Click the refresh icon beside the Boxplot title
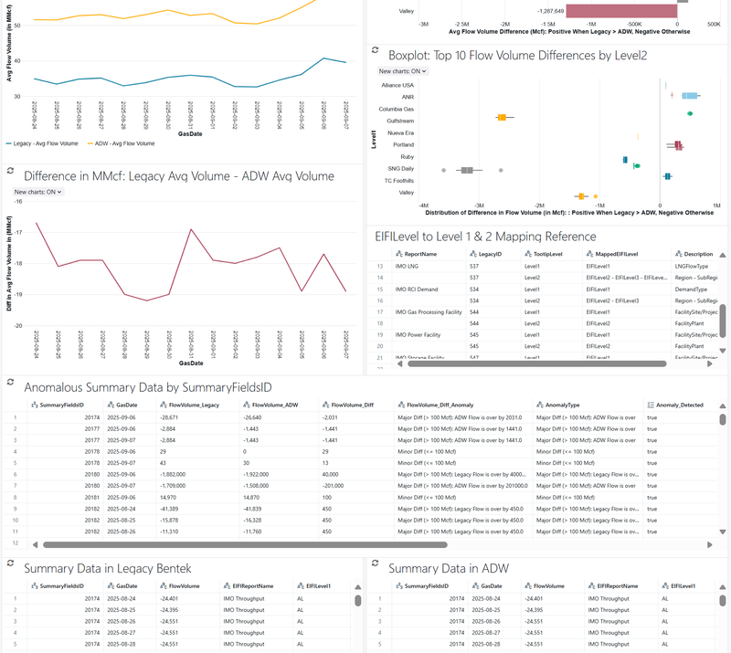(x=375, y=53)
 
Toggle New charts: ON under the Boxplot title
(x=402, y=70)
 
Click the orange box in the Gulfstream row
(x=502, y=118)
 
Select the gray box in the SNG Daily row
(x=468, y=170)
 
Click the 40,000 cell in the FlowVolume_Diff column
(x=334, y=474)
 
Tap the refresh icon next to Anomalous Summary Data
(x=10, y=384)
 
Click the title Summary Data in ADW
(x=449, y=568)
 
